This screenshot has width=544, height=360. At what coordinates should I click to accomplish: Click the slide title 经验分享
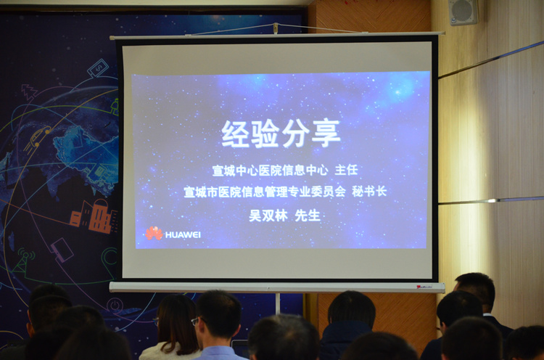(x=281, y=134)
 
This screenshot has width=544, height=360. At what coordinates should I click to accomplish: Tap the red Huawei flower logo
(x=154, y=233)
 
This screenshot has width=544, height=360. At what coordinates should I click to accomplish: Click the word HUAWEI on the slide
(x=183, y=235)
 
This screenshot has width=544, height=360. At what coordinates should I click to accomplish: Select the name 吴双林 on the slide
(x=268, y=216)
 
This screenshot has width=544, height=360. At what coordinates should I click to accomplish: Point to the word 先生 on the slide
(x=308, y=216)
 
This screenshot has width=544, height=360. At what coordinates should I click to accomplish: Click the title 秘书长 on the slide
(x=369, y=192)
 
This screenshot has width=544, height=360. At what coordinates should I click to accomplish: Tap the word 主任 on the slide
(x=346, y=170)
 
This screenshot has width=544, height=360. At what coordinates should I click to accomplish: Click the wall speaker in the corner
(x=463, y=12)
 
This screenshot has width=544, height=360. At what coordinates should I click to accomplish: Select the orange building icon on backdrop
(x=94, y=216)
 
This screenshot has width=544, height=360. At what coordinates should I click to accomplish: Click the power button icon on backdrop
(x=115, y=306)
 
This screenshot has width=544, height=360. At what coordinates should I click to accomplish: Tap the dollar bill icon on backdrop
(x=98, y=67)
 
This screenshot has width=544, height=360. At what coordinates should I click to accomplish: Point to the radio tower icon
(x=24, y=261)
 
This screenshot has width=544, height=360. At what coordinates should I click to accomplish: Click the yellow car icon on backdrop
(x=37, y=138)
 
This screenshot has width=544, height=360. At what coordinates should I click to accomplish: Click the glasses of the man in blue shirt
(x=197, y=321)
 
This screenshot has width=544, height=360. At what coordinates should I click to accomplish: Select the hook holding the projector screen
(x=276, y=28)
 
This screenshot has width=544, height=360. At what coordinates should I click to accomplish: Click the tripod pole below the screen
(x=278, y=303)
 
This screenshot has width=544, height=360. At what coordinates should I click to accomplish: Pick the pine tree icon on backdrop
(x=30, y=92)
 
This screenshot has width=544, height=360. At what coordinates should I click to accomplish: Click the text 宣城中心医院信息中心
(x=270, y=170)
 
